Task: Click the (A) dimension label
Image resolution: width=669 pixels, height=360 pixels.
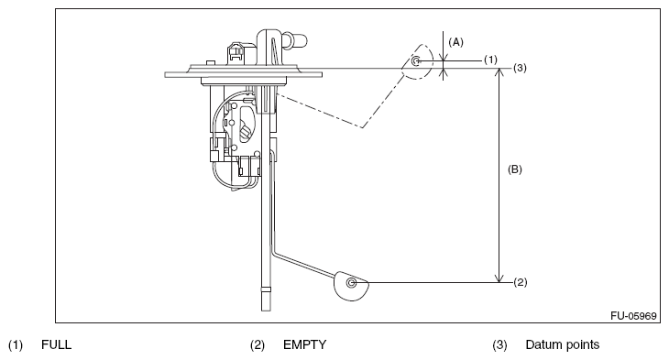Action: (455, 42)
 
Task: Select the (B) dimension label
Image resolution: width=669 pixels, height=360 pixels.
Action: (514, 169)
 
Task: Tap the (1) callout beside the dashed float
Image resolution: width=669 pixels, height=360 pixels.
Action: (490, 60)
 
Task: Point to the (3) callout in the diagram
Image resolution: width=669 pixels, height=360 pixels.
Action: (520, 68)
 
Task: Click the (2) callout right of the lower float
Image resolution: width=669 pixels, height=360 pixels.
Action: (521, 282)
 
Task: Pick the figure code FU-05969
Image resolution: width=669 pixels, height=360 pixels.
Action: (633, 316)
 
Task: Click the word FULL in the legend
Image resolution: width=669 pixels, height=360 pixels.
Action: (56, 344)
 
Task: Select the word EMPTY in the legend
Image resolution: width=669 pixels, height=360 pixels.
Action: (304, 344)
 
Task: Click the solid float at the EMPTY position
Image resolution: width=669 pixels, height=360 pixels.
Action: (351, 286)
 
